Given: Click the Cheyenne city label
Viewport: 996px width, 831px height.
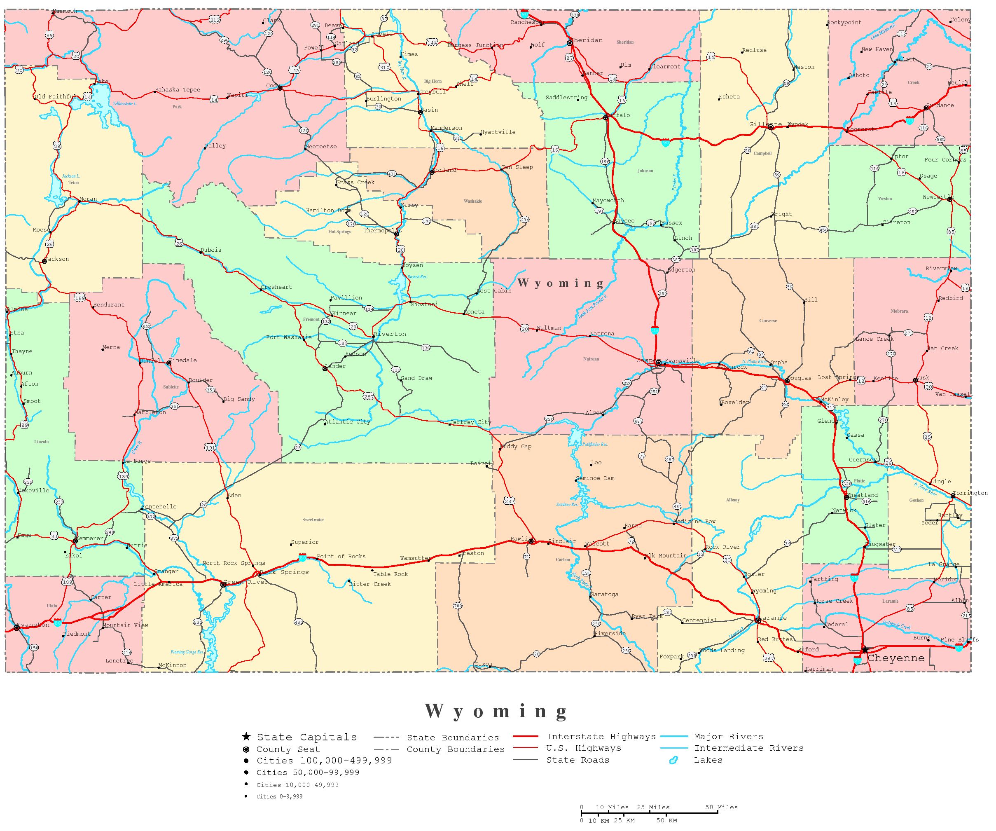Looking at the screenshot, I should [x=895, y=658].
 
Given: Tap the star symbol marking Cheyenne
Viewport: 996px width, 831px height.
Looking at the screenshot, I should [x=865, y=649].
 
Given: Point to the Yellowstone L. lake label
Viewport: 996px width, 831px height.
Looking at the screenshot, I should [x=125, y=103].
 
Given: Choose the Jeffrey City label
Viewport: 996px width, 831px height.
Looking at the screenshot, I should [x=470, y=422].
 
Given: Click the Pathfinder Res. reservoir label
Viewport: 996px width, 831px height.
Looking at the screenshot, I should [x=595, y=445].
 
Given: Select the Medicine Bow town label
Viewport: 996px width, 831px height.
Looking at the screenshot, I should [x=694, y=521].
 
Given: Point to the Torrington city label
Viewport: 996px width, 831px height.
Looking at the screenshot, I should [x=970, y=493].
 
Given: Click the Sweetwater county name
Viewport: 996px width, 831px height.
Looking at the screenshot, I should [x=313, y=520].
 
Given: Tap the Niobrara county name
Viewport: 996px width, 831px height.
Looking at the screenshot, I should [x=899, y=311].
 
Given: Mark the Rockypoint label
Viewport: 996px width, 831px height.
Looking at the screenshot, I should [x=844, y=23].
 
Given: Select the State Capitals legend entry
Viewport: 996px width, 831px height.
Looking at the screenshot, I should [x=306, y=737].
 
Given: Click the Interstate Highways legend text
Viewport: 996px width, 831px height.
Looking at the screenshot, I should [x=601, y=737].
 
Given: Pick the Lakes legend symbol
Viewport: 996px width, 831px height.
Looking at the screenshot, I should [x=673, y=760].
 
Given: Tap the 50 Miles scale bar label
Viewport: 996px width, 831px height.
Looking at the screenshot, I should [x=721, y=807].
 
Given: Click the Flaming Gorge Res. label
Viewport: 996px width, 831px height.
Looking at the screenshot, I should [x=187, y=652].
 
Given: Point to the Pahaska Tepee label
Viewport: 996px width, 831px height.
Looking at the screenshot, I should [x=178, y=90].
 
